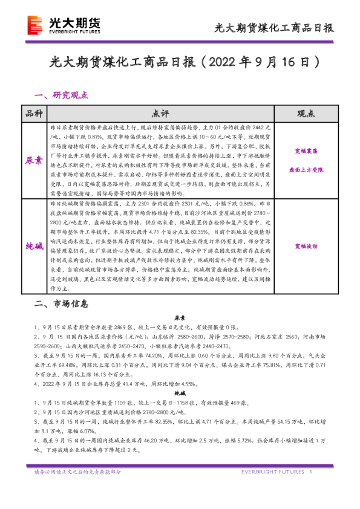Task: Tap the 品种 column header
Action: point(34,114)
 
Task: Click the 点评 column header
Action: point(161,114)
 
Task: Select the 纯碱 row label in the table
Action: point(34,247)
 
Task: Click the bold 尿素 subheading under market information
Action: point(180,317)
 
